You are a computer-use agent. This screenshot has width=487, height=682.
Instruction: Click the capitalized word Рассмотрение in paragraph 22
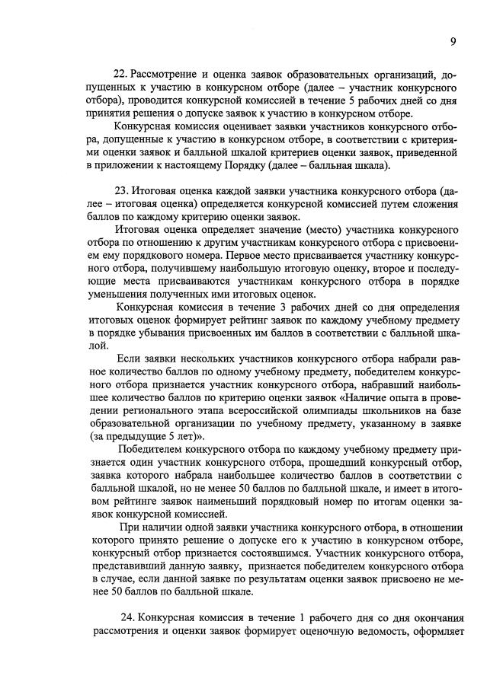tap(165, 74)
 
